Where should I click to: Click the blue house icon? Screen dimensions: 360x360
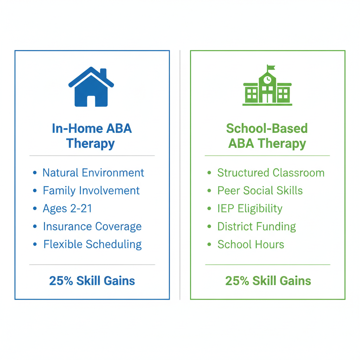[x=91, y=88]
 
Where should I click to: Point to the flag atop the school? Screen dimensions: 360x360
[x=271, y=67]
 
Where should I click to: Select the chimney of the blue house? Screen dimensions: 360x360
[x=103, y=73]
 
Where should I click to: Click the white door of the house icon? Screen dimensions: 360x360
[x=91, y=101]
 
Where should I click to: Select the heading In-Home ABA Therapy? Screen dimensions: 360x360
[x=91, y=136]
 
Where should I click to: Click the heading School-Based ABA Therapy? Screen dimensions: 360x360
[x=267, y=136]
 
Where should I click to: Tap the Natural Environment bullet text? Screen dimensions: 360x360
[x=93, y=173]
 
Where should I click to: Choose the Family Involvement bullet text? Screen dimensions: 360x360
[x=91, y=191]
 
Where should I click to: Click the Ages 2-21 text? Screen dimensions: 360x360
[x=67, y=208]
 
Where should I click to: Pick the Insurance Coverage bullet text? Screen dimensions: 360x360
[x=92, y=226]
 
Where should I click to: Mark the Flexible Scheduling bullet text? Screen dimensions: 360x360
[x=92, y=244]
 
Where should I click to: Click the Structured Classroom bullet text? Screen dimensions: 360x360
[x=271, y=173]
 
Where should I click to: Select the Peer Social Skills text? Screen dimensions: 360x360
[x=260, y=191]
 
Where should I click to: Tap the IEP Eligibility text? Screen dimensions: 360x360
[x=250, y=208]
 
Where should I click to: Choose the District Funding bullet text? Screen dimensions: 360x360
[x=257, y=226]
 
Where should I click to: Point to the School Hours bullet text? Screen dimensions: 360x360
[x=251, y=244]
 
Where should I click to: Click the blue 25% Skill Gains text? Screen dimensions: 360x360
[x=92, y=281]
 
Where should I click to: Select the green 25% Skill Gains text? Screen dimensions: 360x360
[x=268, y=281]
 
